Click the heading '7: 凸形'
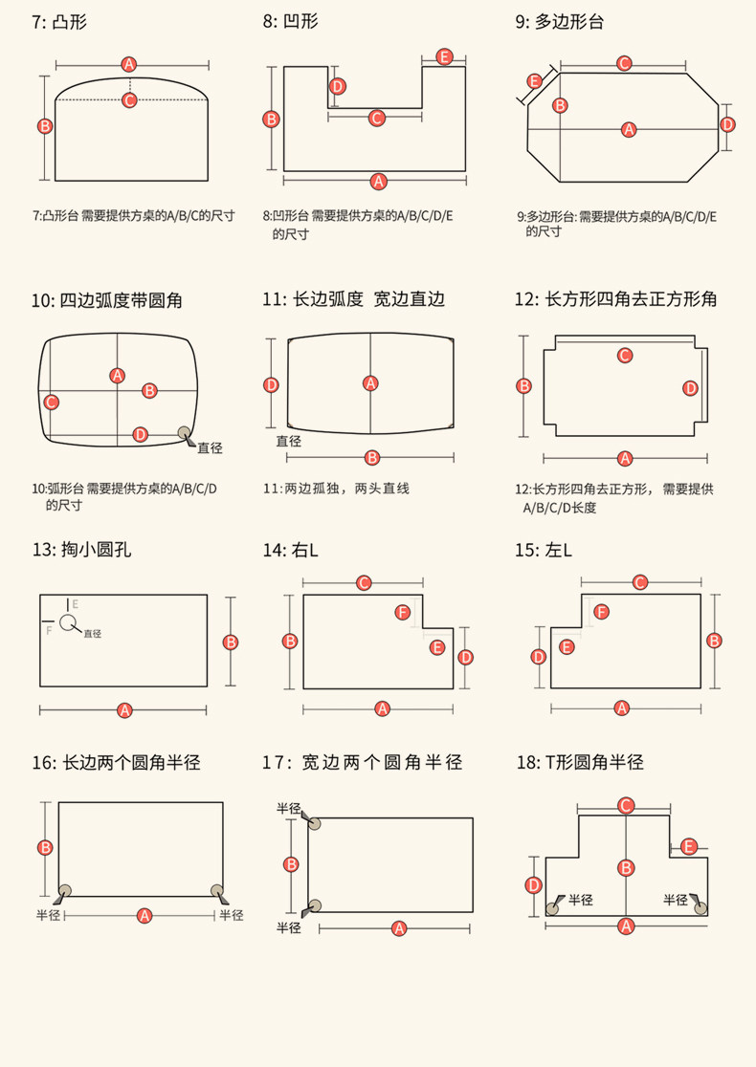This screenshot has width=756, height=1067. pyautogui.click(x=59, y=21)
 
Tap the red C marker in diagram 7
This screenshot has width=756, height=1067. pyautogui.click(x=129, y=99)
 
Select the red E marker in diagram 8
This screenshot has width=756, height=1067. pyautogui.click(x=444, y=56)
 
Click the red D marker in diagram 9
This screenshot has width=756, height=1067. pyautogui.click(x=727, y=124)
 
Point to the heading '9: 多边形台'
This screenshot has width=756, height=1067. pyautogui.click(x=560, y=21)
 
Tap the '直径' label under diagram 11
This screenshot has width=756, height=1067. pyautogui.click(x=289, y=441)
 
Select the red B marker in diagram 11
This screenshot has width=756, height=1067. pyautogui.click(x=372, y=457)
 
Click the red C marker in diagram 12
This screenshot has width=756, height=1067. pyautogui.click(x=625, y=356)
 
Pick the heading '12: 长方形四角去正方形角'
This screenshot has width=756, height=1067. pyautogui.click(x=615, y=299)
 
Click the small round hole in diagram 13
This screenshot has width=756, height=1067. pyautogui.click(x=67, y=622)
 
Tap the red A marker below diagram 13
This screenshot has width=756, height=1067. pyautogui.click(x=123, y=709)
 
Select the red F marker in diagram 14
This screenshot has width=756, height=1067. pyautogui.click(x=403, y=612)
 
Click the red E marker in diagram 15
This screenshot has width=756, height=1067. pyautogui.click(x=567, y=647)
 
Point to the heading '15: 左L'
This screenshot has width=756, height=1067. pyautogui.click(x=543, y=550)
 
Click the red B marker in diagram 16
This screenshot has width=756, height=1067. pyautogui.click(x=44, y=847)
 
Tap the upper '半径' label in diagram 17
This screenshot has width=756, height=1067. pyautogui.click(x=289, y=808)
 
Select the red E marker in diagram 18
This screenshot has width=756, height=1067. pyautogui.click(x=689, y=846)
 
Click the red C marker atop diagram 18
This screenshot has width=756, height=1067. pyautogui.click(x=625, y=806)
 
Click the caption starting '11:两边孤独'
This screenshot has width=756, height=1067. pyautogui.click(x=336, y=489)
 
